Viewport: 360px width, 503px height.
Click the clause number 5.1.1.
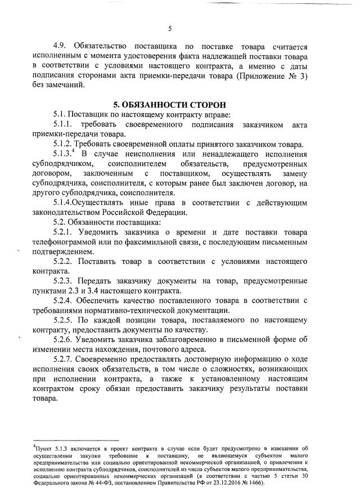[64, 125]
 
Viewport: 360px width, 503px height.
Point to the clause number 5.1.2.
[64, 144]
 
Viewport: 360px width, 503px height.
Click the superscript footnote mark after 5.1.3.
[75, 151]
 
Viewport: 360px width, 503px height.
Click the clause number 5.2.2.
[64, 262]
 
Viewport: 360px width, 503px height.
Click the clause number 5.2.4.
[64, 301]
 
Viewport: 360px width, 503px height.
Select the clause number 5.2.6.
[64, 340]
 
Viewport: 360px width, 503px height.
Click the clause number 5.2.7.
[64, 360]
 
